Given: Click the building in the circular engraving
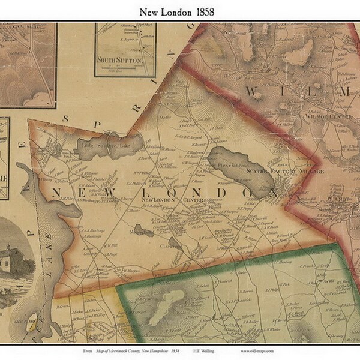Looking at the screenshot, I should pyautogui.click(x=13, y=258).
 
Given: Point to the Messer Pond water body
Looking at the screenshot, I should pyautogui.click(x=144, y=229).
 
